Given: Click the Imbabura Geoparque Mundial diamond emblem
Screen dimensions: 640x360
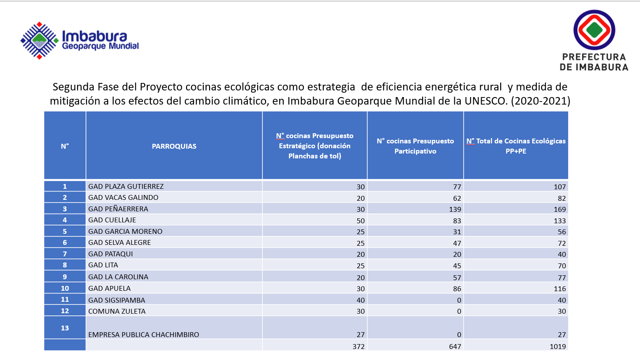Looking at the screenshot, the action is tap(39, 41).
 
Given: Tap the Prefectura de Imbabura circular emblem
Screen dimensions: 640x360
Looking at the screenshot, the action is tap(594, 30).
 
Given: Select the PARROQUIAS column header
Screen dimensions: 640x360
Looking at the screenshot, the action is tap(174, 146).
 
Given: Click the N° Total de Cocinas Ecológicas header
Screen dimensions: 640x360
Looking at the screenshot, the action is tap(516, 146).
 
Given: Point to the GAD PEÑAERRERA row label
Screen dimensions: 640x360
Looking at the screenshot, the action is tap(118, 209).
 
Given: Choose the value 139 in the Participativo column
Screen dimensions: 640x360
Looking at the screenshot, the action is tap(455, 209).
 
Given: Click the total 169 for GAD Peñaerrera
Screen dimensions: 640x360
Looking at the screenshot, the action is tap(560, 209).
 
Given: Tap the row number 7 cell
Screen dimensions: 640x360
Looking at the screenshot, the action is tap(65, 254).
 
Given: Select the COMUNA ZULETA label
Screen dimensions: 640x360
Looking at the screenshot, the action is tap(117, 311).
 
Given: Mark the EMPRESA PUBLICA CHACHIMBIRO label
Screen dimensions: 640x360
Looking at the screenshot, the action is tap(143, 334).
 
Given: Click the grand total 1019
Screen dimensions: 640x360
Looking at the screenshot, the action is tap(558, 347).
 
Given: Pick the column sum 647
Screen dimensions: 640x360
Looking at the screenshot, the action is tap(455, 347).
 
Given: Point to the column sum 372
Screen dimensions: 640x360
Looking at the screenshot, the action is tap(359, 347).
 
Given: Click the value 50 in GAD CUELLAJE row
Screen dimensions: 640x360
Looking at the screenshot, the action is tap(360, 221).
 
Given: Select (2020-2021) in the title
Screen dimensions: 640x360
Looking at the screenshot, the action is tap(541, 101).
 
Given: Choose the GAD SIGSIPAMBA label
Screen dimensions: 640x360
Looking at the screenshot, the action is tap(116, 300).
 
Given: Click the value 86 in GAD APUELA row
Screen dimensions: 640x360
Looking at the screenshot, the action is tap(457, 289).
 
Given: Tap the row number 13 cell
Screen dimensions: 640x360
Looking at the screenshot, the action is tap(65, 327).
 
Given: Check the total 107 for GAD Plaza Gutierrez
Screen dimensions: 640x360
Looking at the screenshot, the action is tap(560, 187).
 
